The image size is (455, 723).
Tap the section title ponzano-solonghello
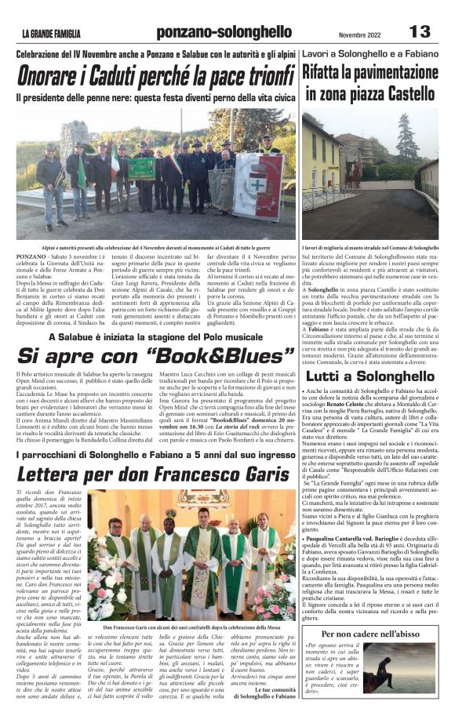(224, 32)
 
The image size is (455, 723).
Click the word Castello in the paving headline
(403, 94)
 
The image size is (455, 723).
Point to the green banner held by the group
(144, 169)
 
